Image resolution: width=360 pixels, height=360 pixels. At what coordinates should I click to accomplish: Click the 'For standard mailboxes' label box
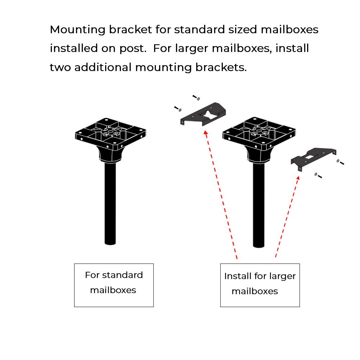114,285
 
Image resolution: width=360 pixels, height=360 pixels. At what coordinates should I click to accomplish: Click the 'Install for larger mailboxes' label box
260,285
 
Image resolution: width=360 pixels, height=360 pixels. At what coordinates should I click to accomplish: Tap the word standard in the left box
122,275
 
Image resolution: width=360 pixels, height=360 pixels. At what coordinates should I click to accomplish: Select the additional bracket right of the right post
312,157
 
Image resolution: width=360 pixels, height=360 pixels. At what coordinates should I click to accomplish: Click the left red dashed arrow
221,195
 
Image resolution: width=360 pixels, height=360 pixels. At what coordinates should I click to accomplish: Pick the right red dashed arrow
287,216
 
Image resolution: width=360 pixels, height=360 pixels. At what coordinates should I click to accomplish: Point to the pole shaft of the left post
111,202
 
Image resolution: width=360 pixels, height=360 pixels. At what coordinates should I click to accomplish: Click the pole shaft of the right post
259,205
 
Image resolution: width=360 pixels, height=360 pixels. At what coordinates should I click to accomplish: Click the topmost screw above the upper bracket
196,97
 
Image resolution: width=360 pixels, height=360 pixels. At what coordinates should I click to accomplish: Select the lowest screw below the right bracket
318,176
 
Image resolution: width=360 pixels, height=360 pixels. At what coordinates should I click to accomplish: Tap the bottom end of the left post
111,243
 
